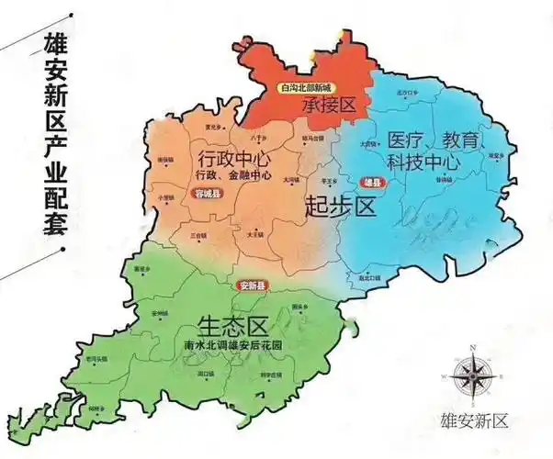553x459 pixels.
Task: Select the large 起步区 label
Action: (341, 207)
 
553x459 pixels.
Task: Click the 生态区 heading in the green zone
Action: (231, 325)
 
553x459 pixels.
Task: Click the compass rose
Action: (472, 375)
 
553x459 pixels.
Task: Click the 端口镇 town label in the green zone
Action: (205, 374)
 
